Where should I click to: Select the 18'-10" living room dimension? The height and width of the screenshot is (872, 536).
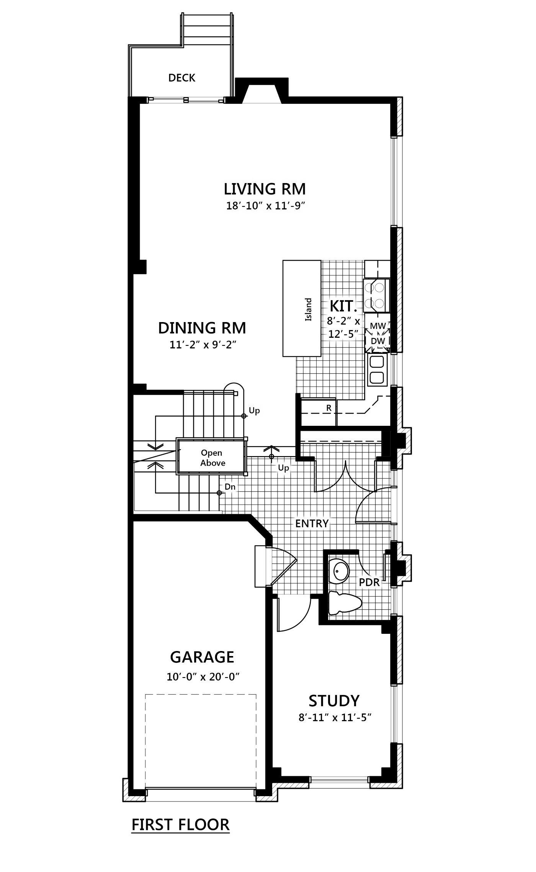coord(244,206)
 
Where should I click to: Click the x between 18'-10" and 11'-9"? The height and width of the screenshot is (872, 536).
coord(269,206)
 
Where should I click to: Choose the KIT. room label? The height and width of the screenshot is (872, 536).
coord(343,306)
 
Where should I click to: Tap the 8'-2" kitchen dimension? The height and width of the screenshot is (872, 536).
coord(339,321)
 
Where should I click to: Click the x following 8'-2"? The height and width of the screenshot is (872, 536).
coord(357,321)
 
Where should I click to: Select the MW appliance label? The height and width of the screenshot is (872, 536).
coord(378,326)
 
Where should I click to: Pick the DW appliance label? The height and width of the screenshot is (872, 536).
coord(378,341)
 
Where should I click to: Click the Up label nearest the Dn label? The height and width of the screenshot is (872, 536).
coord(283,468)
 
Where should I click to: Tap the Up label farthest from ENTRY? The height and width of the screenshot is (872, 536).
coord(254,411)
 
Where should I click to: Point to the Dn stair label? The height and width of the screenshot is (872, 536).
coord(230,487)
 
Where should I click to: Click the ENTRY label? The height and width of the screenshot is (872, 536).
coord(312,524)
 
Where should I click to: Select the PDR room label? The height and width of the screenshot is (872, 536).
coord(369,582)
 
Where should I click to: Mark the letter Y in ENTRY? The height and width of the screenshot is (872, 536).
coord(325,524)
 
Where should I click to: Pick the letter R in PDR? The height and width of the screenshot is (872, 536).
coord(376,582)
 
